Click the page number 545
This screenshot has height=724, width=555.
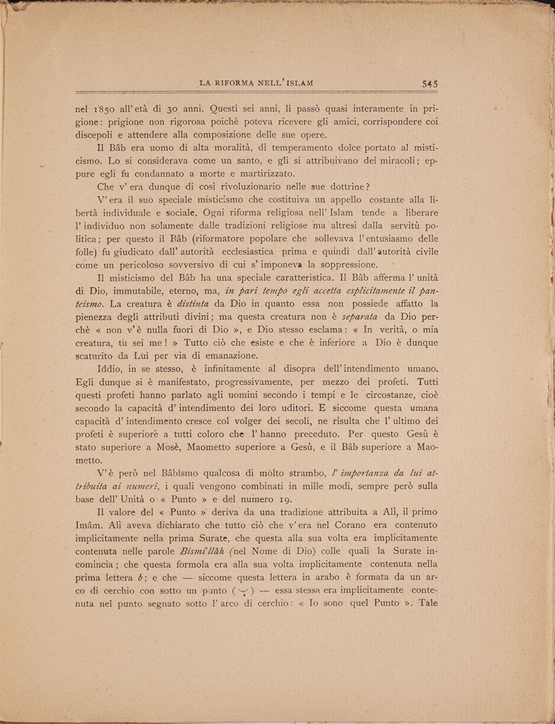(429, 83)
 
